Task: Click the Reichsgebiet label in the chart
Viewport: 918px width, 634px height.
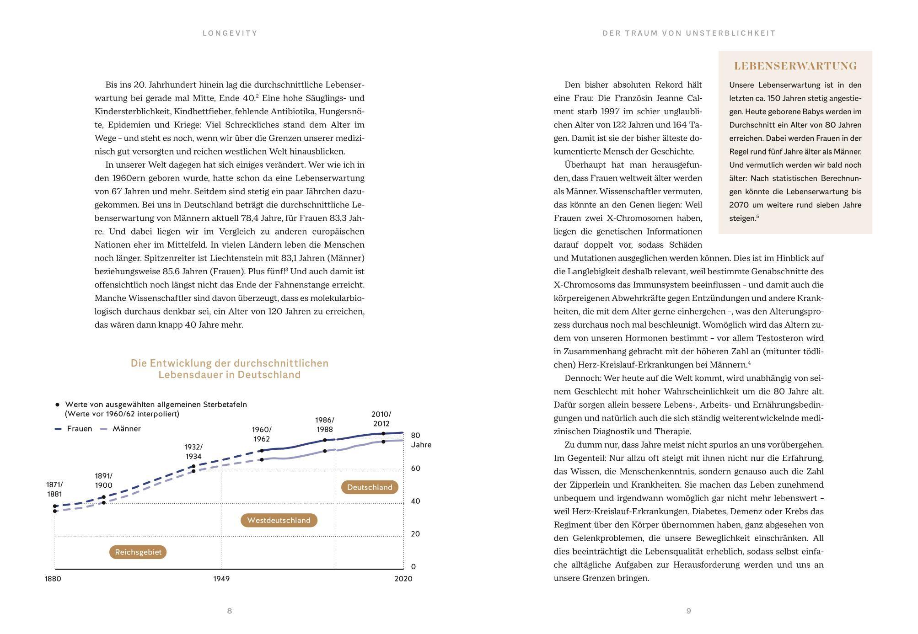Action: pyautogui.click(x=138, y=552)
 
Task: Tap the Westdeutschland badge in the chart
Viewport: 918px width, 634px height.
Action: pyautogui.click(x=279, y=520)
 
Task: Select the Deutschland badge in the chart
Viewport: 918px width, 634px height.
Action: pyautogui.click(x=370, y=487)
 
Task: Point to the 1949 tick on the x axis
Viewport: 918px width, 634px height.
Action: pyautogui.click(x=221, y=579)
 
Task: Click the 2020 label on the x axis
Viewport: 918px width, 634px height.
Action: pyautogui.click(x=403, y=579)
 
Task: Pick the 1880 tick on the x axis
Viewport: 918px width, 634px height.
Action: pyautogui.click(x=53, y=579)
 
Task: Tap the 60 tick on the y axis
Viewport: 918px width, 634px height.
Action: pyautogui.click(x=415, y=468)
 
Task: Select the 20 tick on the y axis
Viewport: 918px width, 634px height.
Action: pyautogui.click(x=415, y=534)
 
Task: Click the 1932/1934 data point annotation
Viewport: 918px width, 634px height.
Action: pyautogui.click(x=193, y=452)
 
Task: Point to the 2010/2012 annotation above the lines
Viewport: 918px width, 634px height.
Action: pyautogui.click(x=381, y=419)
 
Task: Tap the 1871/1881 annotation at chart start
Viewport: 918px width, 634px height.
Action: pyautogui.click(x=54, y=489)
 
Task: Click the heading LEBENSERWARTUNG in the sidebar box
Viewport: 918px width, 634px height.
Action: pyautogui.click(x=795, y=66)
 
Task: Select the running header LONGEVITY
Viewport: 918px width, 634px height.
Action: pyautogui.click(x=230, y=33)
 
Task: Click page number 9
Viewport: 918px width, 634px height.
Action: pyautogui.click(x=688, y=611)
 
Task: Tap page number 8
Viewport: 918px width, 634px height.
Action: pyautogui.click(x=230, y=611)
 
